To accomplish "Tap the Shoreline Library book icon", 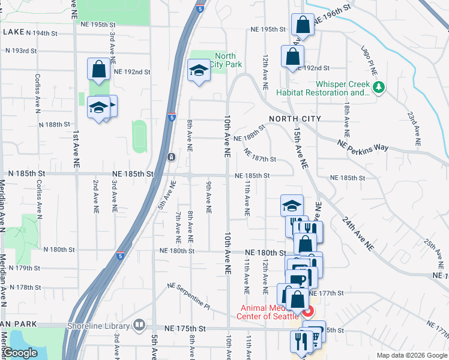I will pyautogui.click(x=140, y=325).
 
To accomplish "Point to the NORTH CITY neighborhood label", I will pyautogui.click(x=295, y=119).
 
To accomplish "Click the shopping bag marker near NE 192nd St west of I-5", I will pyautogui.click(x=98, y=69).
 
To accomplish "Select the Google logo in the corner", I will pyautogui.click(x=20, y=353).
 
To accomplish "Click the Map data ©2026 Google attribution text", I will pyautogui.click(x=411, y=355).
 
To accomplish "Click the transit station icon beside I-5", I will pyautogui.click(x=172, y=157).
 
